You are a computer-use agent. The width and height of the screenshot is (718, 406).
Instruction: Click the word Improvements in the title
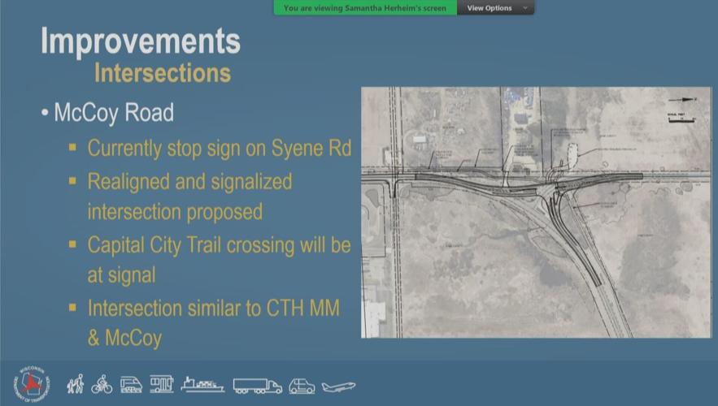tap(140, 41)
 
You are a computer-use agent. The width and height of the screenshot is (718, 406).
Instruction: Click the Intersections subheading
tap(162, 73)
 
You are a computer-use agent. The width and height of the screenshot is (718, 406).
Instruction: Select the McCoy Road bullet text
tap(114, 112)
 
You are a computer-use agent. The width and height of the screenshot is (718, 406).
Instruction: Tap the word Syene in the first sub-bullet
tap(294, 149)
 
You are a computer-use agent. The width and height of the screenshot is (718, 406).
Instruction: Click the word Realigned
tap(129, 180)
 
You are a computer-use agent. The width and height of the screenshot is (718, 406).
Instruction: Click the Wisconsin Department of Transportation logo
tap(31, 383)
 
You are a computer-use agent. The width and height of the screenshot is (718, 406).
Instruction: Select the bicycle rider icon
tap(102, 384)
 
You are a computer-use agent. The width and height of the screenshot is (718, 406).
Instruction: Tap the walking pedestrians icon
tap(76, 383)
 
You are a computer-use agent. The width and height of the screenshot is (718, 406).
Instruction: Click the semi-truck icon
tap(257, 386)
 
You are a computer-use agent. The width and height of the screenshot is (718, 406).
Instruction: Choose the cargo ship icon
tap(202, 384)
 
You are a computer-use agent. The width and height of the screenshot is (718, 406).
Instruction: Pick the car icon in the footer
tap(302, 386)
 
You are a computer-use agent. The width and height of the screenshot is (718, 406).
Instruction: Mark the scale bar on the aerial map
tap(681, 120)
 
